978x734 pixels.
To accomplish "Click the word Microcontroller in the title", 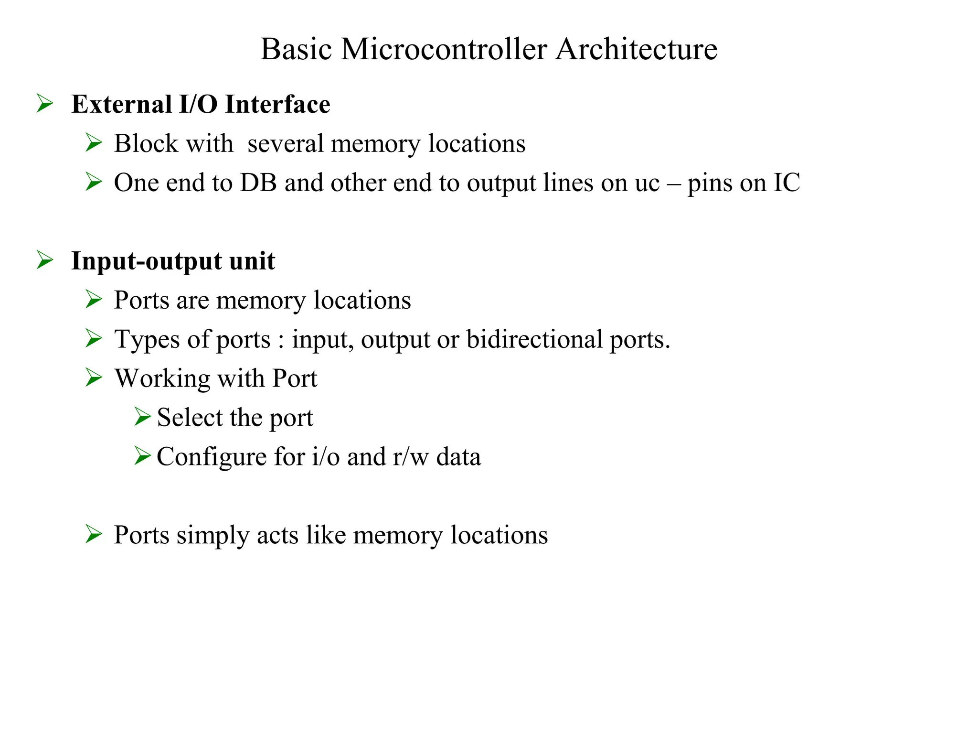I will [444, 49].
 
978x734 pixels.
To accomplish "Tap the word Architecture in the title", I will [636, 49].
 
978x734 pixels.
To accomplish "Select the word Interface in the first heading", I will [277, 104].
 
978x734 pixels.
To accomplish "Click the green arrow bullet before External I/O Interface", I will [45, 103].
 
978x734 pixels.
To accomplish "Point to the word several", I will [286, 143].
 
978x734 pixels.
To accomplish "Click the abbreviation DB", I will [258, 183].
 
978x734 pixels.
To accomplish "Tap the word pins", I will [710, 183].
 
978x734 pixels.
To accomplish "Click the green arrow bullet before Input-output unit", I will [45, 260].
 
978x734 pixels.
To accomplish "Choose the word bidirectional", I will [534, 339].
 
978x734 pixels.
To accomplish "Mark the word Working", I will [162, 379].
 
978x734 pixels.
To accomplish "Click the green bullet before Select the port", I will [142, 417].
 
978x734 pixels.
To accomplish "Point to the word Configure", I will [212, 457].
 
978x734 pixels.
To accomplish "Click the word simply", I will [213, 536].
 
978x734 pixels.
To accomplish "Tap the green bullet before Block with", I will [94, 142].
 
